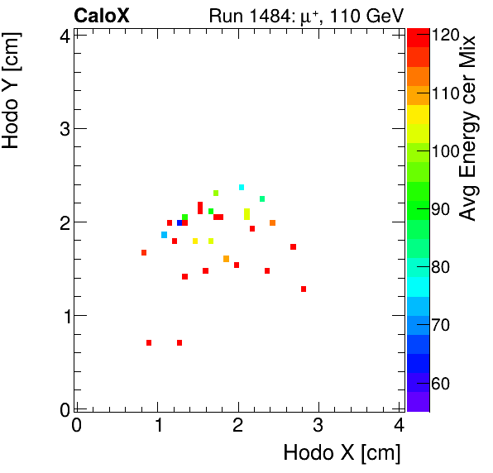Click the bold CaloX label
click(x=102, y=15)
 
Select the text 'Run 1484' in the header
click(x=240, y=15)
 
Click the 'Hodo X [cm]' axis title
click(x=342, y=453)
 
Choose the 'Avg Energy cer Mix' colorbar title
click(x=468, y=128)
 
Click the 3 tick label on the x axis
click(x=318, y=426)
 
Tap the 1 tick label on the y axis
click(x=64, y=316)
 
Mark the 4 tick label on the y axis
click(x=64, y=36)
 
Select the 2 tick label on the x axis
click(x=237, y=426)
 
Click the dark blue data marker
click(x=179, y=222)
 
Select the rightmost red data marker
click(x=304, y=289)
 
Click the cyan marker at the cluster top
click(x=242, y=188)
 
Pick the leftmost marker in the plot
click(x=144, y=253)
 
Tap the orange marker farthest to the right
click(x=272, y=222)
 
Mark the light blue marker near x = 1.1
click(x=165, y=235)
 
